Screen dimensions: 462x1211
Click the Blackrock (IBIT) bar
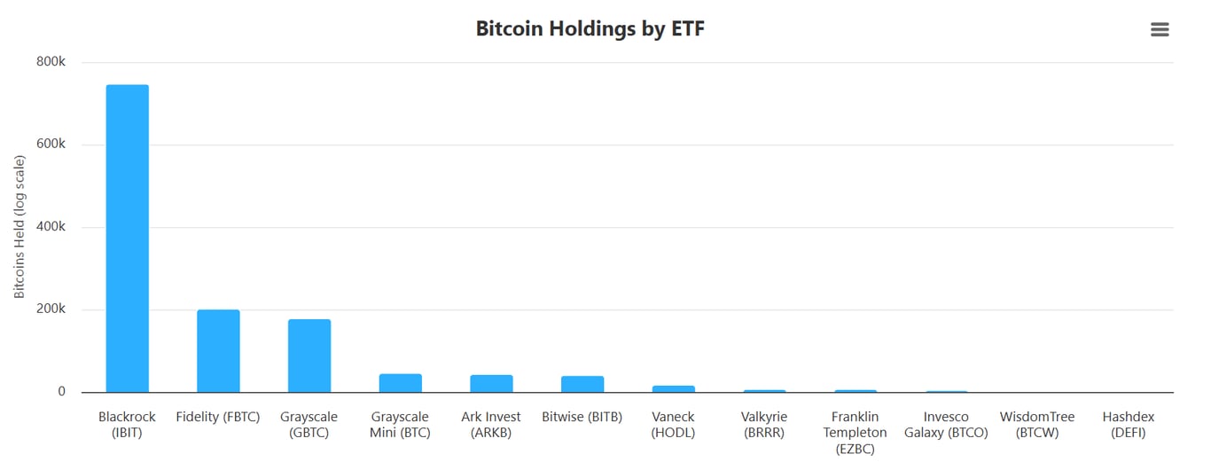128,239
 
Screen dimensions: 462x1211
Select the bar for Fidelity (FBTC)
218,351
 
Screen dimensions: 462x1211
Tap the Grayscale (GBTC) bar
309,356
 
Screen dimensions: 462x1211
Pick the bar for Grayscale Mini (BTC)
401,383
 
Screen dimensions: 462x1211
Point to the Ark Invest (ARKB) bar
491,384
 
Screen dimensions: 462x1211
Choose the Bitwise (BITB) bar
582,384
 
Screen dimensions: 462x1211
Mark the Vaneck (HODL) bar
674,388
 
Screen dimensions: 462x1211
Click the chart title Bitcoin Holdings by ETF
590,28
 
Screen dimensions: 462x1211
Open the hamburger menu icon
1160,29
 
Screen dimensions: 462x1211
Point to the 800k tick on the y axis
51,62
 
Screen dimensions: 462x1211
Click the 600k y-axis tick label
51,145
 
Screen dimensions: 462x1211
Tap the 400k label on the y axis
51,227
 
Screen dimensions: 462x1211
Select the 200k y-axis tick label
51,309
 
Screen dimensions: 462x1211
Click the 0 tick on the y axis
61,392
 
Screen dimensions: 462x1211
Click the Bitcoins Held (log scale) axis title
20,227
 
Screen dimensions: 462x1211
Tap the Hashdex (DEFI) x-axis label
1129,425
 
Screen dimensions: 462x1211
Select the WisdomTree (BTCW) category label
1037,425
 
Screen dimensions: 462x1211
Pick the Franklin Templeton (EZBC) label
855,433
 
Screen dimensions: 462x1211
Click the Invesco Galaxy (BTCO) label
946,425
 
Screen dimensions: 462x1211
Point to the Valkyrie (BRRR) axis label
764,425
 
